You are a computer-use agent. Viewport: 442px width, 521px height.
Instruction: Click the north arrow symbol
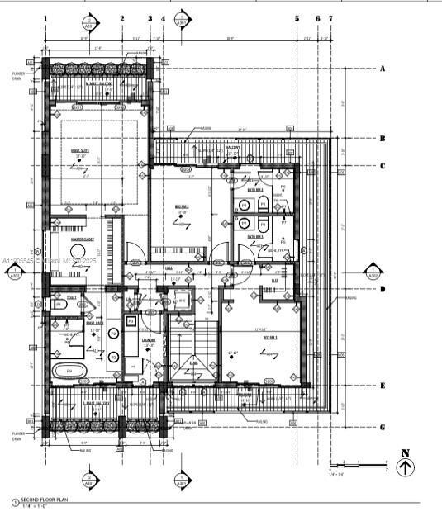(406, 467)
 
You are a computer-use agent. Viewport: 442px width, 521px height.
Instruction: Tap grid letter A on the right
(383, 69)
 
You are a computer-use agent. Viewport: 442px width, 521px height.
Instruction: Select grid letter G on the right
(383, 427)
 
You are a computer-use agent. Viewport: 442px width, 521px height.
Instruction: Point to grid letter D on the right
(383, 289)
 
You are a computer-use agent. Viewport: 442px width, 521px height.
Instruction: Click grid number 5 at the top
(297, 17)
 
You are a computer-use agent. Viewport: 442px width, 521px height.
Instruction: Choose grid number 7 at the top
(330, 17)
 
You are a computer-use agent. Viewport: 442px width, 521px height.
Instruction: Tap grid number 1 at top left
(45, 17)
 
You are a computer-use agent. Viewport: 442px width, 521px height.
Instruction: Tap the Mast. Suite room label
(81, 150)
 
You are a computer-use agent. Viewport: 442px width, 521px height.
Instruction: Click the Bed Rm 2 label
(183, 206)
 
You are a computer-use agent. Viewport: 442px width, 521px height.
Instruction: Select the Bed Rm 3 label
(270, 338)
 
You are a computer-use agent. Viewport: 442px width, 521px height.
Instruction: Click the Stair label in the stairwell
(193, 362)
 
